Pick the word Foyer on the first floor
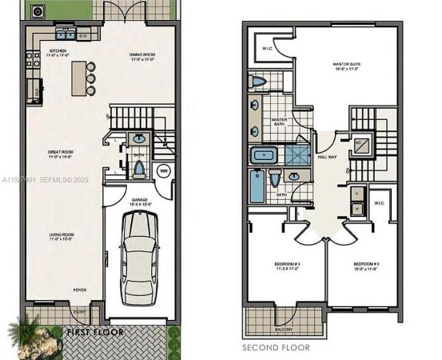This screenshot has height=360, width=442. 80,290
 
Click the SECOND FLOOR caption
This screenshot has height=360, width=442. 277,347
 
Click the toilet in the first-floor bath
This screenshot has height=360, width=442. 140,169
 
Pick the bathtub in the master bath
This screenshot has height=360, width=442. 263,155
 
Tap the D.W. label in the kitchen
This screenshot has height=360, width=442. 84,37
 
